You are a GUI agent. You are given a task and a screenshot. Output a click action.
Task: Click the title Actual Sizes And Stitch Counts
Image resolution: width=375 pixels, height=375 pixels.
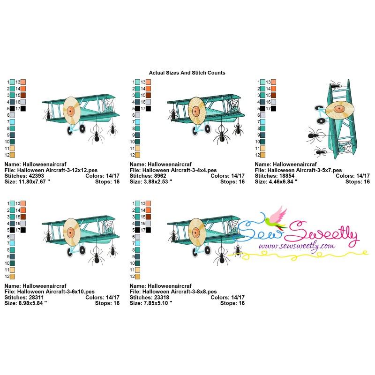(187, 73)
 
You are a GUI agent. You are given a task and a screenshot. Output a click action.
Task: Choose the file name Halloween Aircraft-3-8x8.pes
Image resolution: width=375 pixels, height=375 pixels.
(180, 292)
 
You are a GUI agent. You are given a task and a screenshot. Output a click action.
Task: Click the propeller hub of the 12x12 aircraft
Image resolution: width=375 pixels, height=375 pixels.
(70, 111)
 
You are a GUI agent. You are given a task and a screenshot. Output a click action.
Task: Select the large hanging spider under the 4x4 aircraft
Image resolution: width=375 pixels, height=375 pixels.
(221, 135)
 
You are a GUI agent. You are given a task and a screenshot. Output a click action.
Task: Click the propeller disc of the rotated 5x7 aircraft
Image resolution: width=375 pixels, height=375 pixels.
(339, 110)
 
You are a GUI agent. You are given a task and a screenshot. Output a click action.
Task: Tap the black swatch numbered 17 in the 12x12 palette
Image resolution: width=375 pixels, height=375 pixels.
(23, 109)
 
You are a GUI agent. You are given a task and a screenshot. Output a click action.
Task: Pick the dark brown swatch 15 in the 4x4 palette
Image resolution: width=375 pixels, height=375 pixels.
(148, 95)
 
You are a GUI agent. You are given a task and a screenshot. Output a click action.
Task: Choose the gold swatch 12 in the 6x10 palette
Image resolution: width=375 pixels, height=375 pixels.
(12, 277)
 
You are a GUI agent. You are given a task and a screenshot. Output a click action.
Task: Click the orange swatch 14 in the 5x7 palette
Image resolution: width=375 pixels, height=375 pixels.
(273, 89)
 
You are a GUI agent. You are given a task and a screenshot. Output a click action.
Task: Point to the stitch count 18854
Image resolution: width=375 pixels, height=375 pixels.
(287, 176)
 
